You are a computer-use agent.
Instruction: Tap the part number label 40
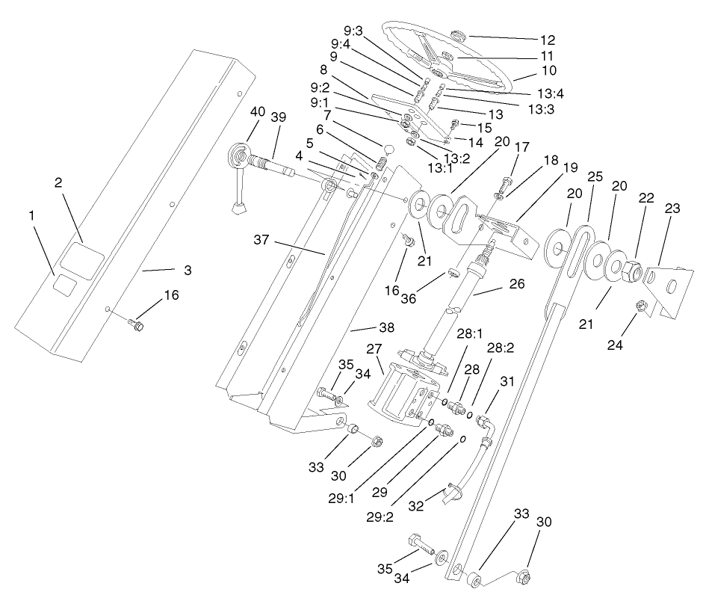(258, 111)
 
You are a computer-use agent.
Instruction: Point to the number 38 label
(365, 328)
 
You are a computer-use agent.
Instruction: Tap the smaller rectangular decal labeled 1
(66, 284)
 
